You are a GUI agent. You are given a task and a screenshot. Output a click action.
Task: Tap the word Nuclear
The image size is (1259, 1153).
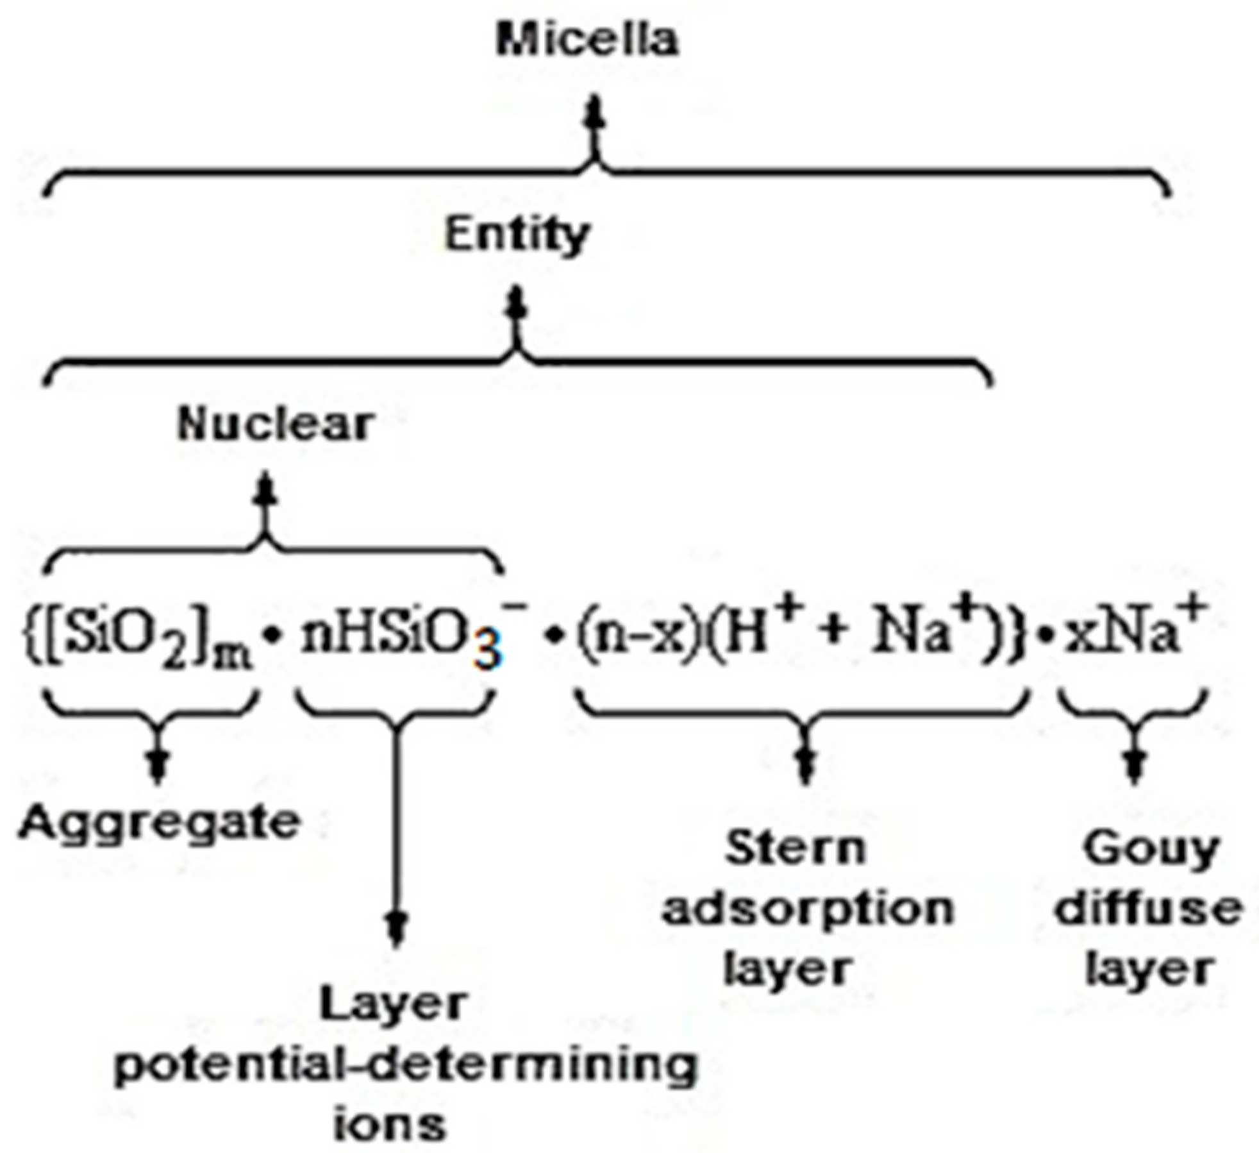point(275,424)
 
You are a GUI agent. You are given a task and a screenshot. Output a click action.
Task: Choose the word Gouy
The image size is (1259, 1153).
point(1151,850)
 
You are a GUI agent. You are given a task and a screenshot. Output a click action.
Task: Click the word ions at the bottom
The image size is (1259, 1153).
point(390,1124)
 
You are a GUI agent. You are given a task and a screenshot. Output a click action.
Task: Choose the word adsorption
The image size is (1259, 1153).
point(808,909)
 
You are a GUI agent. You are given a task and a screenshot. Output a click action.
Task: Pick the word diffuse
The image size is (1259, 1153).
point(1149,909)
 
